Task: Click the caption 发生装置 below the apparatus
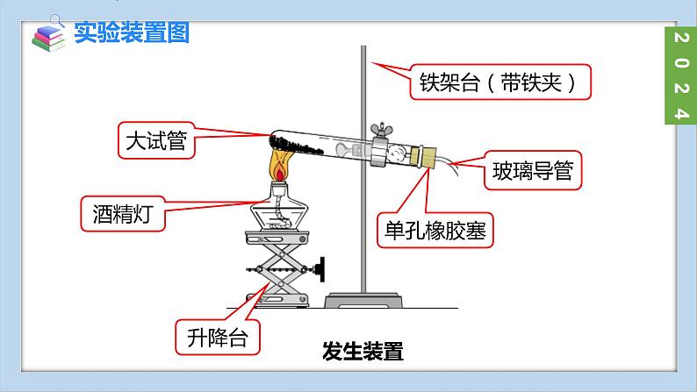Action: coord(363,352)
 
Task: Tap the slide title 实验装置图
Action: coord(132,33)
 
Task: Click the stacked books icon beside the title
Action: coord(48,36)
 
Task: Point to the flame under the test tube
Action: coord(279,167)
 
